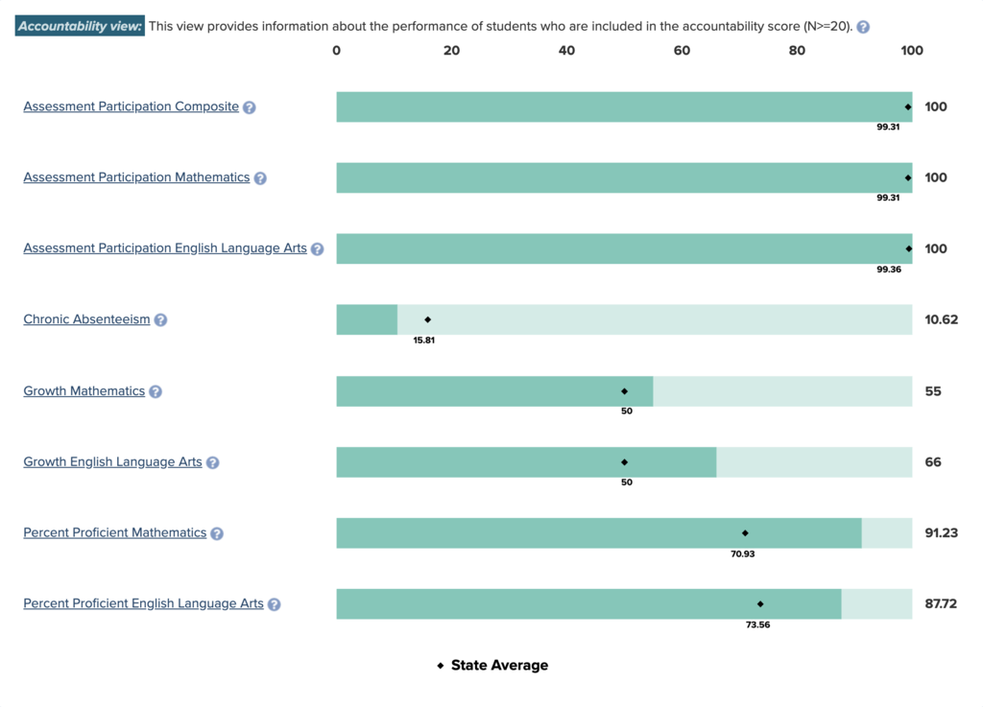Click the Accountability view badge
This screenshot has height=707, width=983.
80,27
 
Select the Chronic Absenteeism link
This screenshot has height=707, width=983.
86,319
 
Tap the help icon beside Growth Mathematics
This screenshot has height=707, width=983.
156,391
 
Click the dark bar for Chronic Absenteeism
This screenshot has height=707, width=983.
367,319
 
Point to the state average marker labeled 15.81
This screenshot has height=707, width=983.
428,319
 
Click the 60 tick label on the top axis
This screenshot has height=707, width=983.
682,51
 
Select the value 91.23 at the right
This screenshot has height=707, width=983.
941,532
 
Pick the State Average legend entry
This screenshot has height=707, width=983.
493,666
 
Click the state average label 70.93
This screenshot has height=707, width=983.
743,554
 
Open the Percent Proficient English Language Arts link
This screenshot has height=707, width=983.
143,603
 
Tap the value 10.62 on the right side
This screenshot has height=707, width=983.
941,319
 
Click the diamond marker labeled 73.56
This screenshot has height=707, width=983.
760,604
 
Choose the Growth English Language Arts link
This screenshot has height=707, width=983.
112,461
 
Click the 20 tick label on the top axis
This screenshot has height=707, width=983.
451,51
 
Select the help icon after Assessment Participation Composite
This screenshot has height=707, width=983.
250,107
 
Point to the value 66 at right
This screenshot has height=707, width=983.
933,461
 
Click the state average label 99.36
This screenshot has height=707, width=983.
889,270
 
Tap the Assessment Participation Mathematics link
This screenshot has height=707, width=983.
136,177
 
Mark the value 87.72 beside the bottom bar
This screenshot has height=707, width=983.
941,603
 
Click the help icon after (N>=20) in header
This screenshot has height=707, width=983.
863,27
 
